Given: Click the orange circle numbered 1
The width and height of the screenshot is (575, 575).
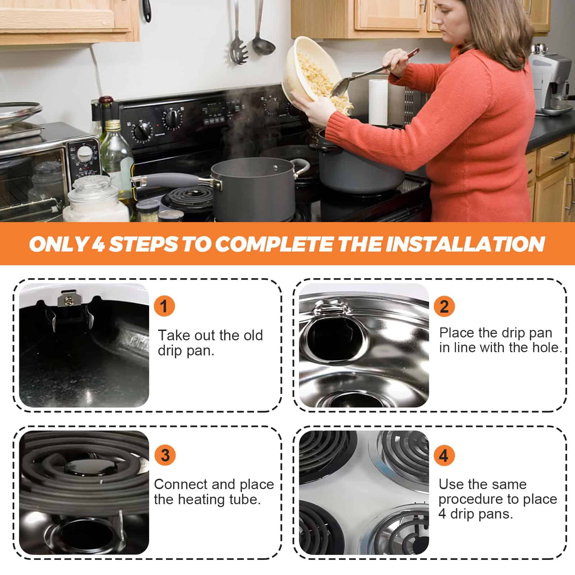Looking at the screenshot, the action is pos(164,307).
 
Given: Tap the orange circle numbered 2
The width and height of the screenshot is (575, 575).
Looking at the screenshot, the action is pos(444,307).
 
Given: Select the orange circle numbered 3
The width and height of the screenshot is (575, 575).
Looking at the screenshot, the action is pos(165,455).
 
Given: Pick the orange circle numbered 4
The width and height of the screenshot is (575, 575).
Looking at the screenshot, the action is pos(444,455).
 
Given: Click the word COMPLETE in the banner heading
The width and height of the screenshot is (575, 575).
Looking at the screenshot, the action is pos(275,244).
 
